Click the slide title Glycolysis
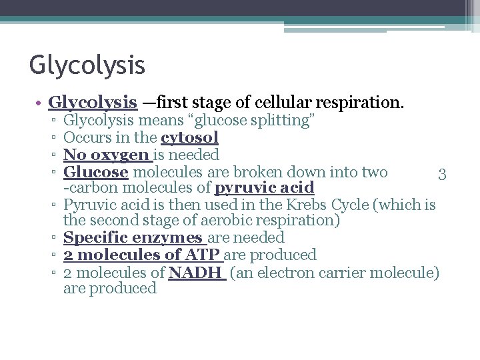click(x=87, y=66)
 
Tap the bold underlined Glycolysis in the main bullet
click(x=93, y=103)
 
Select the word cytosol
click(x=189, y=138)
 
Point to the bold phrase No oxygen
click(x=107, y=155)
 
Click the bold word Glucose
click(x=95, y=172)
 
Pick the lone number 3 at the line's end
click(x=441, y=175)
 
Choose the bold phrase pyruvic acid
click(x=264, y=189)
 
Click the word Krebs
click(x=307, y=205)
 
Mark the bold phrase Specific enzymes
click(x=133, y=238)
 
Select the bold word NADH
click(x=197, y=272)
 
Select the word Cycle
click(x=350, y=205)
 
